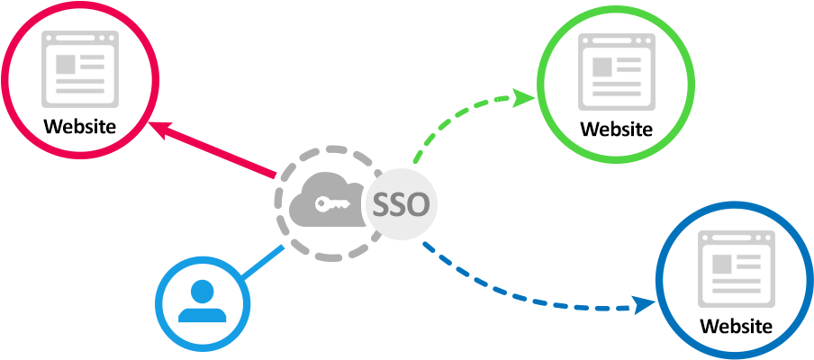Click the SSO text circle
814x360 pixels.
[401, 205]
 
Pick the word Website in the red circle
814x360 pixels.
[79, 125]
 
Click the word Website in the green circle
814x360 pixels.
[616, 129]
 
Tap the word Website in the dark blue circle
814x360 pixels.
[737, 326]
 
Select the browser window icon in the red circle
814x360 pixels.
[80, 67]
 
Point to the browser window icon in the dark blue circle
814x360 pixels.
[737, 268]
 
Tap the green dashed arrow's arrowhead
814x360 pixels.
[526, 96]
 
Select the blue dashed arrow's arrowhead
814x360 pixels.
[646, 305]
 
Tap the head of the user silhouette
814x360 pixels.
[203, 291]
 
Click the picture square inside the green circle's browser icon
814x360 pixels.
[601, 67]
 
